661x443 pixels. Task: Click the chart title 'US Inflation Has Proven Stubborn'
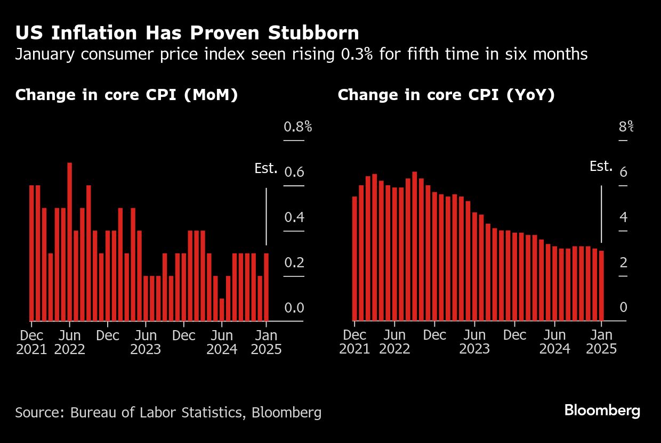[x=187, y=33]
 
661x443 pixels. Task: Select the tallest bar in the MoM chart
[x=70, y=242]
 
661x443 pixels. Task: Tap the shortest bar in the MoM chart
[x=222, y=310]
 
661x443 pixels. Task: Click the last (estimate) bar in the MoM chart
[x=267, y=288]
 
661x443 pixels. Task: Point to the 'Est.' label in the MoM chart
[x=266, y=169]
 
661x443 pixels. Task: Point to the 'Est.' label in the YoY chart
[x=601, y=167]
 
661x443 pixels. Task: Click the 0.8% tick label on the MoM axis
[x=297, y=127]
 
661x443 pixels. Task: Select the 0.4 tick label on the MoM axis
[x=294, y=217]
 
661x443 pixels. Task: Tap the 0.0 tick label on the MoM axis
[x=294, y=308]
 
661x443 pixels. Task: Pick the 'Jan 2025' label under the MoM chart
[x=266, y=342]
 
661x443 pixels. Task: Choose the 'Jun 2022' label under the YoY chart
[x=394, y=342]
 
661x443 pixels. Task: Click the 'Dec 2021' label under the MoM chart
[x=31, y=342]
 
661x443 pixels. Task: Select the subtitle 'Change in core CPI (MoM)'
[x=126, y=95]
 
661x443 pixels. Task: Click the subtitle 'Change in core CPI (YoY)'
[x=446, y=95]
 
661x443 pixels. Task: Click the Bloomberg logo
[x=602, y=411]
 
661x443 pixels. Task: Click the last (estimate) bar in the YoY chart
[x=601, y=286]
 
